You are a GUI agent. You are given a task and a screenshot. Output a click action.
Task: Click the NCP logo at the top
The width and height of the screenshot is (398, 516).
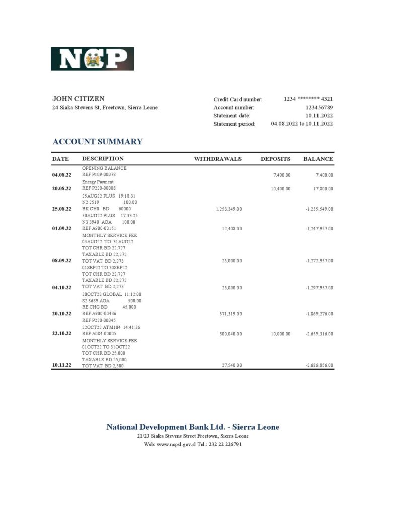pyautogui.click(x=92, y=58)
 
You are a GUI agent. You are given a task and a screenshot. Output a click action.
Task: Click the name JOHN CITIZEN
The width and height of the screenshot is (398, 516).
pyautogui.click(x=78, y=99)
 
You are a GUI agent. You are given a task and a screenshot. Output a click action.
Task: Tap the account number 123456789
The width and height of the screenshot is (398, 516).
pyautogui.click(x=319, y=107)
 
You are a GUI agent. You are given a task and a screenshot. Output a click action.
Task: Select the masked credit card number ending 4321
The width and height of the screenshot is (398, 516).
pyautogui.click(x=308, y=99)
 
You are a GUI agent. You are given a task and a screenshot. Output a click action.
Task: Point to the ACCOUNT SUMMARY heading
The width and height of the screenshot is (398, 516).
pyautogui.click(x=98, y=142)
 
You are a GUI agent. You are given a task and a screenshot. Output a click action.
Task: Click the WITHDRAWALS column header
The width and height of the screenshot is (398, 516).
pyautogui.click(x=218, y=159)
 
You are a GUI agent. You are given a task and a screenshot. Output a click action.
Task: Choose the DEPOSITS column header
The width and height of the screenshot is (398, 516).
pyautogui.click(x=275, y=159)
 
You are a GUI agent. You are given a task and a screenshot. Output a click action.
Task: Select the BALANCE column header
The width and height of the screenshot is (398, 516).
pyautogui.click(x=318, y=159)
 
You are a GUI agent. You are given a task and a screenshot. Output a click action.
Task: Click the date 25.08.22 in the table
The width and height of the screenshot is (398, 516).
pyautogui.click(x=61, y=208)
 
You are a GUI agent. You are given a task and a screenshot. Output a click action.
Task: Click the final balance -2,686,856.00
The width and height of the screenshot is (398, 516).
pyautogui.click(x=319, y=365)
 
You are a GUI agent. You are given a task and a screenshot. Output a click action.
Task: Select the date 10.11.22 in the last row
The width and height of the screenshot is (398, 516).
pyautogui.click(x=61, y=365)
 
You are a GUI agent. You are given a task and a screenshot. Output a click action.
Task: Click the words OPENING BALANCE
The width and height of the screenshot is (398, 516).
pyautogui.click(x=104, y=168)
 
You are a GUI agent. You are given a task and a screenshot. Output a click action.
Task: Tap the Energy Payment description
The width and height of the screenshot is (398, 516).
pyautogui.click(x=98, y=182)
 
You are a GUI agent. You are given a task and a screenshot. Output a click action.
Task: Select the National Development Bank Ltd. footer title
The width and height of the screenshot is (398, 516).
pyautogui.click(x=193, y=427)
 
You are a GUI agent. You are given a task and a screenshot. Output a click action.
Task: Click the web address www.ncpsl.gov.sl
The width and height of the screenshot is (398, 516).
pyautogui.click(x=175, y=445)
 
